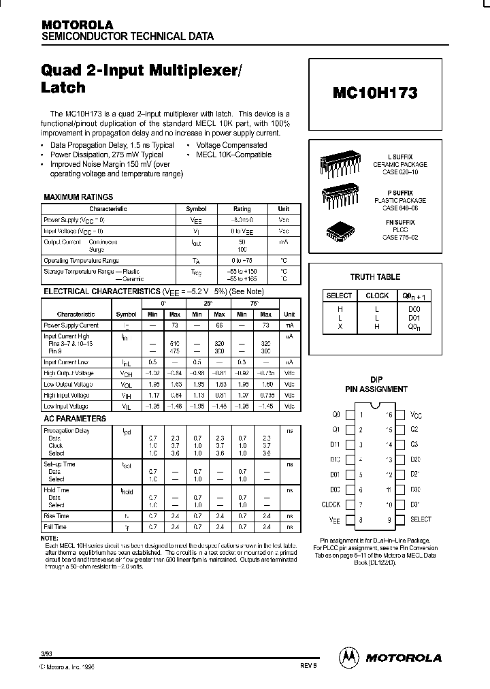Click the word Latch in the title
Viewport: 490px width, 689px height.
click(x=64, y=88)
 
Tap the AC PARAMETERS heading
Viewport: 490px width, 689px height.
click(x=74, y=418)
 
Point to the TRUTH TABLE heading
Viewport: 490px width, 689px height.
click(x=376, y=277)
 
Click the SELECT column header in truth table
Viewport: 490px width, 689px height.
click(x=339, y=295)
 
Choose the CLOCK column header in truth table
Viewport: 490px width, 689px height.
click(x=376, y=295)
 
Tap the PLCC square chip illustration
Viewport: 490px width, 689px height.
click(x=340, y=229)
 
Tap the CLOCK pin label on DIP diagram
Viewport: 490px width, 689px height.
click(x=330, y=504)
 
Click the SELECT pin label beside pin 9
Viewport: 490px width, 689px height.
click(x=421, y=519)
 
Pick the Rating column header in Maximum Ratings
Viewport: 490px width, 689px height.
click(x=242, y=210)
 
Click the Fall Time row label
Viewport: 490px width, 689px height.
click(x=56, y=526)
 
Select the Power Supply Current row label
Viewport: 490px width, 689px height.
click(x=71, y=325)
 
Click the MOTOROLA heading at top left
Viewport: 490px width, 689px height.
click(x=78, y=24)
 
